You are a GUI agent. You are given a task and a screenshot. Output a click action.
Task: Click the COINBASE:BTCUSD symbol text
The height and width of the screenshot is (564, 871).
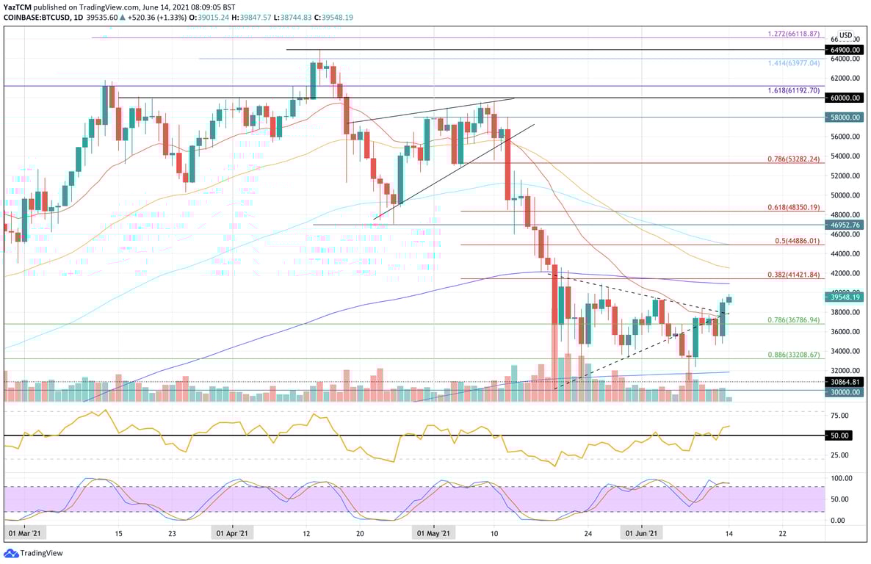[x=35, y=17]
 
